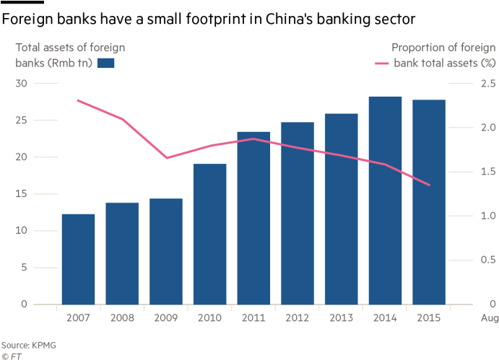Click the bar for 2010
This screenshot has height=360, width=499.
[x=209, y=234]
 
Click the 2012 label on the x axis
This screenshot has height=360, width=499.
[x=297, y=317]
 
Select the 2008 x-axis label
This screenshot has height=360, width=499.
[x=121, y=317]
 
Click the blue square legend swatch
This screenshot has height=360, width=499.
[x=106, y=63]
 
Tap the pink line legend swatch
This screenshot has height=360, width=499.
[x=383, y=63]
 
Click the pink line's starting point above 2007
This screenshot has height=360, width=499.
[x=78, y=100]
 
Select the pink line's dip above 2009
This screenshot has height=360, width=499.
[x=166, y=158]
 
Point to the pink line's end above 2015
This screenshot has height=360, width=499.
[x=429, y=185]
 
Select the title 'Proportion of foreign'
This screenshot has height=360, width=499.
[x=443, y=48]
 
